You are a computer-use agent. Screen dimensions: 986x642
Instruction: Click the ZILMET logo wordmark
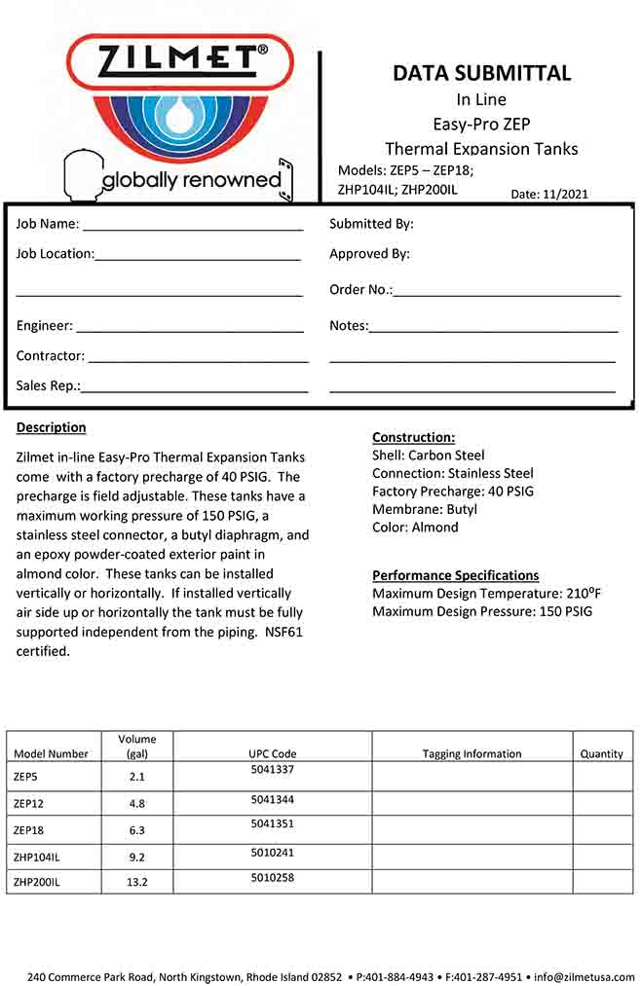tap(181, 61)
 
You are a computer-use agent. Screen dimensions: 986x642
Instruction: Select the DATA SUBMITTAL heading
tap(481, 73)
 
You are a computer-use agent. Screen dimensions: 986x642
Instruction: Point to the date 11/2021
tap(567, 194)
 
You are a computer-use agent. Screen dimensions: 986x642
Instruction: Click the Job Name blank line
tap(192, 229)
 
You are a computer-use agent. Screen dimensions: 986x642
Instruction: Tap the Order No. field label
tap(360, 289)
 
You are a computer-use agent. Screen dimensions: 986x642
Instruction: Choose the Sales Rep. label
tap(48, 385)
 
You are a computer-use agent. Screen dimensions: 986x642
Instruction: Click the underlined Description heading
tap(51, 427)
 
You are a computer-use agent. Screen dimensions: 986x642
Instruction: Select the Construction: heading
tap(413, 437)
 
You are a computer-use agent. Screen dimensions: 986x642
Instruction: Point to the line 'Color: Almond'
tap(415, 528)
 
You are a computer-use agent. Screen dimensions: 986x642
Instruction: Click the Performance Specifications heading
tap(455, 575)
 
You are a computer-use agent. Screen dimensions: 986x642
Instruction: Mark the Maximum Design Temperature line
tap(481, 594)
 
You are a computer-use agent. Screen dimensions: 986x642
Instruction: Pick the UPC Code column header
tap(272, 753)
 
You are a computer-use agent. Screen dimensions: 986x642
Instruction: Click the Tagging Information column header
tap(472, 753)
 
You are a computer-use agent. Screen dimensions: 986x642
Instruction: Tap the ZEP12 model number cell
tap(29, 804)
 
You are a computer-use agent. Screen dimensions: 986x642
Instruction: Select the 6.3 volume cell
tap(136, 830)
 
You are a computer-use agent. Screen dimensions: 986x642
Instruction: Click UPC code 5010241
tap(272, 853)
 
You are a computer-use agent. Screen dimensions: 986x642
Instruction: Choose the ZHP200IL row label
tap(37, 882)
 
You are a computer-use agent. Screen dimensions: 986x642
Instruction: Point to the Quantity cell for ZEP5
tap(602, 777)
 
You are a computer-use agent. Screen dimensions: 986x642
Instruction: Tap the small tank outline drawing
tap(81, 176)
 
